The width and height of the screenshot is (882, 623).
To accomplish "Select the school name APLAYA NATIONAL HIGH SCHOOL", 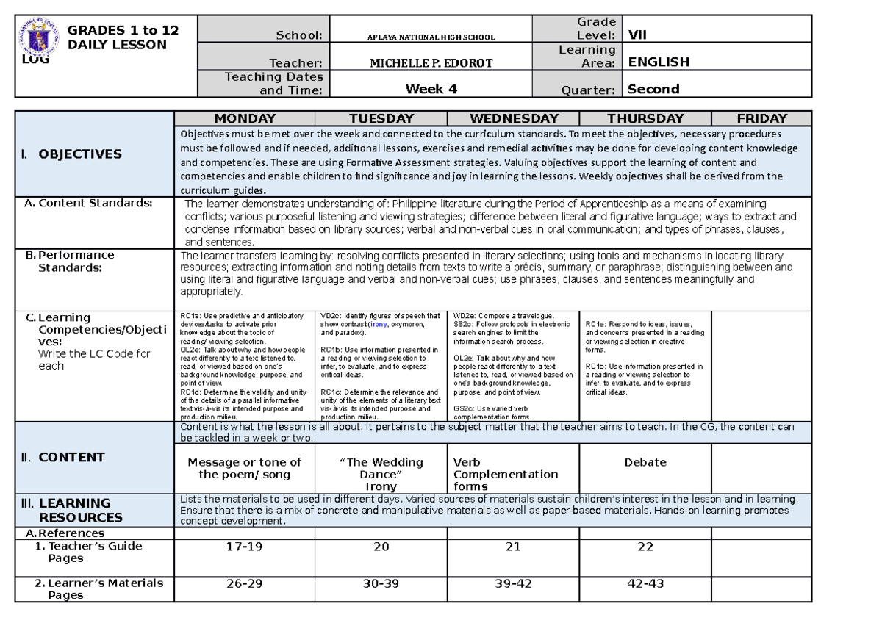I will (431, 37).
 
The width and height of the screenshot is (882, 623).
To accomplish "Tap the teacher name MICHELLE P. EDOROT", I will (431, 63).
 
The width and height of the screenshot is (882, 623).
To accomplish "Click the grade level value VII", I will (638, 35).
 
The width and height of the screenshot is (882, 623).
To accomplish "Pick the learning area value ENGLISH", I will (659, 62).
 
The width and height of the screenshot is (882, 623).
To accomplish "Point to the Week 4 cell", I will (431, 89).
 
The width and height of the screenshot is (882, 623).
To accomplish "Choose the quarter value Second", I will (653, 89).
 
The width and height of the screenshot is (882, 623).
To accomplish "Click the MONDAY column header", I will (245, 118).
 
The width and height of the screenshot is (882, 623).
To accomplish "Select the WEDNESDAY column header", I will (514, 118).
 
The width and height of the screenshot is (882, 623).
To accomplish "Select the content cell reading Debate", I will (645, 463).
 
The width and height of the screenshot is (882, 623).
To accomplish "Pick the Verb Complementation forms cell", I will (506, 474).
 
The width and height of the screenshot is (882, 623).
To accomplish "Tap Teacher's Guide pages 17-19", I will (244, 547).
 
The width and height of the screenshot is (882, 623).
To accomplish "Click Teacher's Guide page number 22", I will (645, 547).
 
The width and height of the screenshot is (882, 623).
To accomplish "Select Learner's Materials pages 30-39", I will (381, 583).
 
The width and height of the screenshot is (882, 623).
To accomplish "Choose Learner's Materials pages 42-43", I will (645, 583).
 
